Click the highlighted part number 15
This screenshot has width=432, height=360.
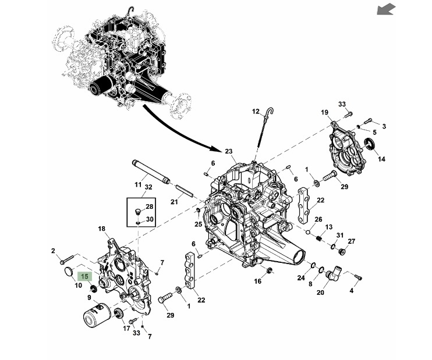point(84,276)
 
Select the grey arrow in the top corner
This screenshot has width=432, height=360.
point(386,9)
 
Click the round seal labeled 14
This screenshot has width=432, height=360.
point(370,144)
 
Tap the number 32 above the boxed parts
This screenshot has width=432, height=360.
point(148,187)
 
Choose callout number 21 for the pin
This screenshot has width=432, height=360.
point(174,202)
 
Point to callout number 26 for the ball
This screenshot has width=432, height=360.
point(318,219)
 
